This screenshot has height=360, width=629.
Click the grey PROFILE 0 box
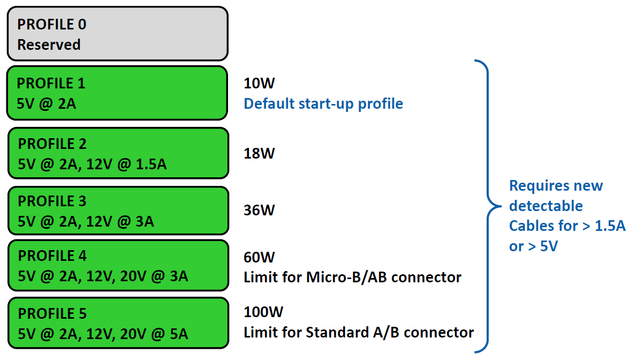pyautogui.click(x=118, y=34)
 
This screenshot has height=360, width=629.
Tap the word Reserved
pyautogui.click(x=49, y=44)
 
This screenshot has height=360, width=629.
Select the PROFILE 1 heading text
pyautogui.click(x=51, y=83)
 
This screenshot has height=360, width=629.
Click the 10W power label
pyautogui.click(x=259, y=83)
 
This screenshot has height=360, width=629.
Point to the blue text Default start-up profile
pyautogui.click(x=323, y=103)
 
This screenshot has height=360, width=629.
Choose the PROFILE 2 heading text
pyautogui.click(x=52, y=144)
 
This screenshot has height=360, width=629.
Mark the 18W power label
pyautogui.click(x=259, y=153)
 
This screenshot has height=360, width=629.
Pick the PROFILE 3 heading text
pyautogui.click(x=52, y=201)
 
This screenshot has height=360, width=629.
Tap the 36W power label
pyautogui.click(x=259, y=211)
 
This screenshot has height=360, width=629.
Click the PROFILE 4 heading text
pyautogui.click(x=52, y=256)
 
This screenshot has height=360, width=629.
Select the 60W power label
pyautogui.click(x=259, y=257)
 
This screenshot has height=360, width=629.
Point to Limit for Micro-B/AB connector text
pyautogui.click(x=353, y=277)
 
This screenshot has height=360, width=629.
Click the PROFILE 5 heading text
pyautogui.click(x=52, y=313)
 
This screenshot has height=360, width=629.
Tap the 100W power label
pyautogui.click(x=263, y=312)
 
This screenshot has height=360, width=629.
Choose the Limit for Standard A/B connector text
pyautogui.click(x=359, y=332)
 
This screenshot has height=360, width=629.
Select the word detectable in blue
pyautogui.click(x=546, y=206)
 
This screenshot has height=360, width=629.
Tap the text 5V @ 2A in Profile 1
pyautogui.click(x=46, y=103)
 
